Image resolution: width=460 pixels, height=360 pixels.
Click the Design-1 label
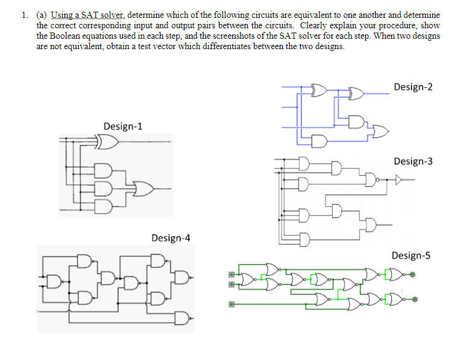pos(123,127)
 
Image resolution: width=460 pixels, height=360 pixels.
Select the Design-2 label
pos(413,87)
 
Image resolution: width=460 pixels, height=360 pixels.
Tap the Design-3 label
pos(413,161)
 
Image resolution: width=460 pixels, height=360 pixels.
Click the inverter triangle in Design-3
pos(400,180)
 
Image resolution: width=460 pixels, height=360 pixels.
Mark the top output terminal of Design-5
pos(413,275)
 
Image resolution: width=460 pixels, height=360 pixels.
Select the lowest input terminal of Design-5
pos(232,303)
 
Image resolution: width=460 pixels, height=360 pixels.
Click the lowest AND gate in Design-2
pos(320,143)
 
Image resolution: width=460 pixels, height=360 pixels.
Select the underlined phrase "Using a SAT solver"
pos(89,14)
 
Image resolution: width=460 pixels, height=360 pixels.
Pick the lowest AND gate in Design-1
pos(104,205)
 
